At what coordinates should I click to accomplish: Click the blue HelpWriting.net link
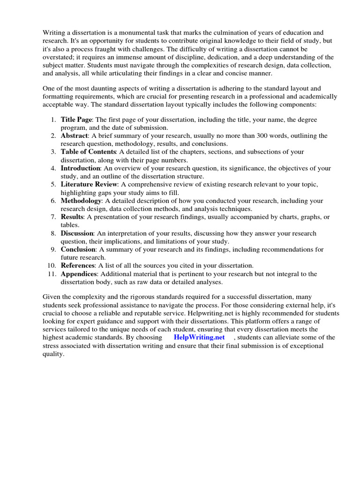199,337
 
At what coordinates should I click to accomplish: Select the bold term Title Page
76,120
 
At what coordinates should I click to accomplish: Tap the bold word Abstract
74,136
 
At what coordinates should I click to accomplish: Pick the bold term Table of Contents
88,152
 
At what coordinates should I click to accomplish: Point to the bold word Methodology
81,201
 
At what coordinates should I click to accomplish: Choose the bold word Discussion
77,233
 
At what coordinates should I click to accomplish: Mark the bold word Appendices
79,274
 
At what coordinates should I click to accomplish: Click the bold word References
78,266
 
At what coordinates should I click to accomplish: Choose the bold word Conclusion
78,249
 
